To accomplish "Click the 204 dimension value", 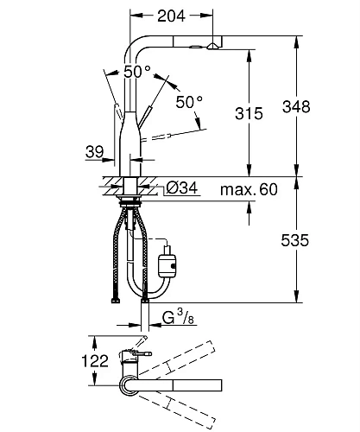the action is click(171, 16).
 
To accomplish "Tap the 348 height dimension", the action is click(296, 106).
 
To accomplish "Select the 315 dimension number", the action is click(249, 113).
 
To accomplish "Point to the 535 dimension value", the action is click(295, 240).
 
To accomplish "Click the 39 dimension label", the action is click(94, 151).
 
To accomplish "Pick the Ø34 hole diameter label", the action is click(182, 188).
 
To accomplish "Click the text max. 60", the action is click(249, 189).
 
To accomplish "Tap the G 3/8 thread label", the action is click(178, 318).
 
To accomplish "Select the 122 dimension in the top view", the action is click(95, 361).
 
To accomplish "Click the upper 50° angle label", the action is click(137, 72).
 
